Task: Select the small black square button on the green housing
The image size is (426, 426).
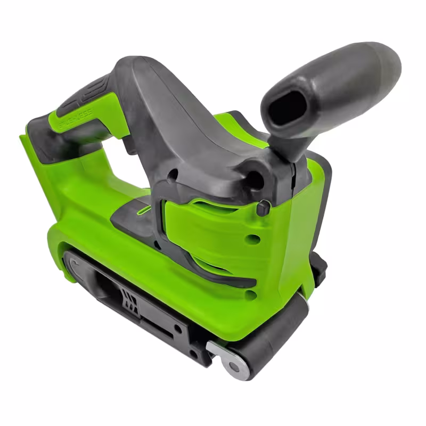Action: pyautogui.click(x=263, y=208)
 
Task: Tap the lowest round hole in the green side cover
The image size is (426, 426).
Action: pyautogui.click(x=250, y=294)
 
